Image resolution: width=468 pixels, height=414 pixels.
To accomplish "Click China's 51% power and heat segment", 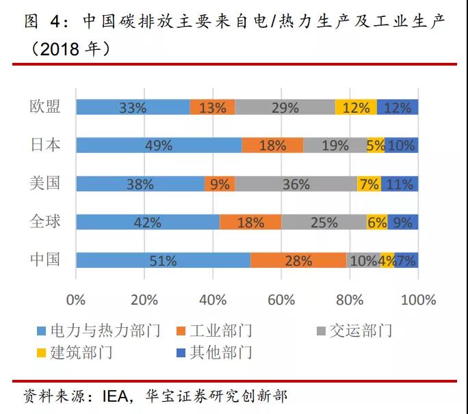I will [163, 260].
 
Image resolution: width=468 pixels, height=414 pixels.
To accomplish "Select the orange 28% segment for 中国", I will [298, 260].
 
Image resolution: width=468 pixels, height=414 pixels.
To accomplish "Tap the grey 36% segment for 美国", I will [296, 184].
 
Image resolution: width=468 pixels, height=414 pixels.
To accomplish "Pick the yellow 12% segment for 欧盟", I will [356, 107].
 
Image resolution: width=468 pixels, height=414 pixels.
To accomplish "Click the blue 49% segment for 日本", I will [158, 146].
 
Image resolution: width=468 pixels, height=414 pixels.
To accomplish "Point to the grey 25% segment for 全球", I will [324, 222].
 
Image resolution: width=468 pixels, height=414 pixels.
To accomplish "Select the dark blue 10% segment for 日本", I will [401, 146].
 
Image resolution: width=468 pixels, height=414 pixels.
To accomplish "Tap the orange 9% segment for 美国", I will [220, 184].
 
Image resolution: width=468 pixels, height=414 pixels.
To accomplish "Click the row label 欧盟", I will [45, 107].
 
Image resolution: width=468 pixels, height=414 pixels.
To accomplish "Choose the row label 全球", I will [45, 221].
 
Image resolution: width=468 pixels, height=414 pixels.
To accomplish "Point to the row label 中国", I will [45, 260].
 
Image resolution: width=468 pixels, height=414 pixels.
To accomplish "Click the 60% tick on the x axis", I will [281, 300].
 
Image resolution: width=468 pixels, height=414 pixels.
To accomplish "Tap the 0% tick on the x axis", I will [75, 300].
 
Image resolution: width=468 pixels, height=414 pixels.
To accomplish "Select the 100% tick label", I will [418, 300].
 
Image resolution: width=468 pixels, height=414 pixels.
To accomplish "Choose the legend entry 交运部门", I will [361, 331].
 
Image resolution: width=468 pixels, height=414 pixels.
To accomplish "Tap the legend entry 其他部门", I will [223, 353].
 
